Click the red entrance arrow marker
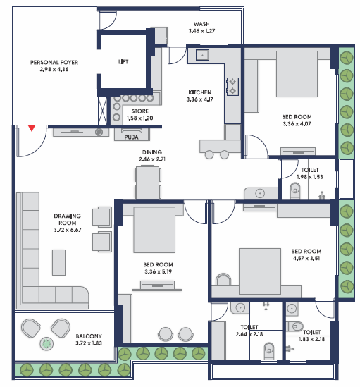click(x=31, y=128)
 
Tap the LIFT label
click(x=123, y=62)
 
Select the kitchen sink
click(x=202, y=55)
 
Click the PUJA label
click(x=131, y=137)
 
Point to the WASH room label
click(x=201, y=24)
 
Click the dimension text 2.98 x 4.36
click(x=54, y=69)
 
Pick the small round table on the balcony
click(x=46, y=343)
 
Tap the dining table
click(x=147, y=183)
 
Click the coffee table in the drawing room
click(x=58, y=262)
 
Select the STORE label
click(x=140, y=111)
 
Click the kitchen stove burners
click(x=232, y=87)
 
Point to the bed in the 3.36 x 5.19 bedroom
click(x=154, y=230)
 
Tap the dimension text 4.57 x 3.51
click(x=306, y=258)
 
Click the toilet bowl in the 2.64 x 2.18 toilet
click(x=269, y=351)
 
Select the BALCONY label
click(x=89, y=336)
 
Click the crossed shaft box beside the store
click(x=102, y=111)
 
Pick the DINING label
click(x=152, y=152)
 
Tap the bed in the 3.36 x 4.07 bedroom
click(x=297, y=74)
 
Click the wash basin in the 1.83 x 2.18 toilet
click(x=292, y=309)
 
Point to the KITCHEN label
click(x=199, y=92)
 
